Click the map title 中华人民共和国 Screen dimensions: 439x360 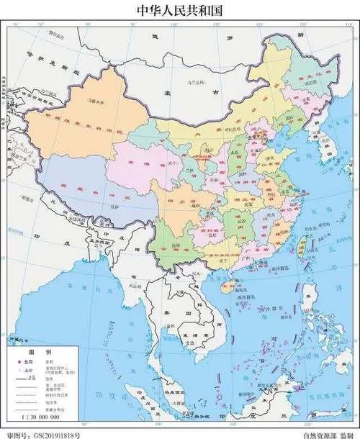[180, 10]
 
